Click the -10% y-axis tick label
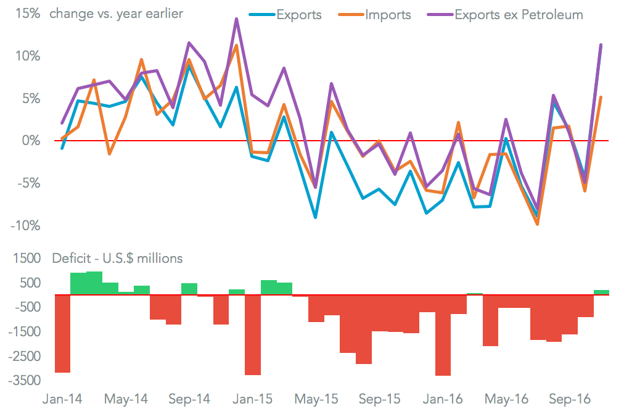[x=24, y=225]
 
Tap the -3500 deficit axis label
[x=25, y=381]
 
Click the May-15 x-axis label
[x=316, y=399]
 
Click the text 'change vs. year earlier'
[x=117, y=14]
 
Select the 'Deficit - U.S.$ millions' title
[x=117, y=259]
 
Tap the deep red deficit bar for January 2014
[x=63, y=333]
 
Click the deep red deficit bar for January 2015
[x=253, y=334]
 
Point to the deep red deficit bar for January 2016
[x=443, y=334]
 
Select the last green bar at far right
[x=601, y=292]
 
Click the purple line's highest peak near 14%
[x=236, y=19]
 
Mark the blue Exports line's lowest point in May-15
[x=316, y=217]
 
